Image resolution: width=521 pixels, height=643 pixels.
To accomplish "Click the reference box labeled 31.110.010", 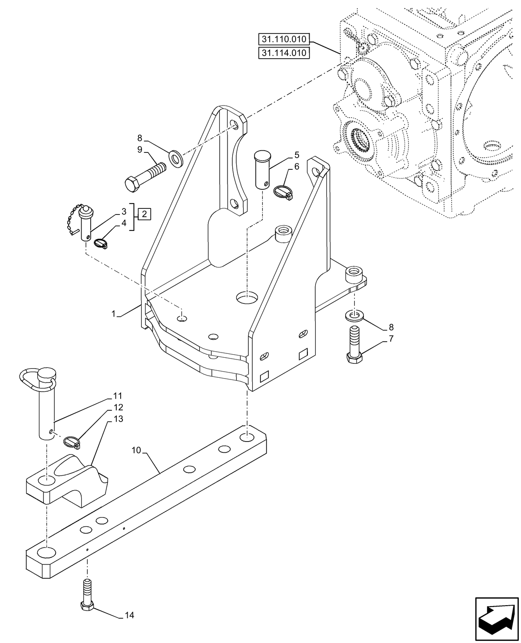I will tap(284, 40).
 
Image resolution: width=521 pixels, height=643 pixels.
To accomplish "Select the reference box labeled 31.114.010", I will tap(284, 53).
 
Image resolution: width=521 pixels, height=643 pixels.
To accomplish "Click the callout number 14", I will tap(129, 615).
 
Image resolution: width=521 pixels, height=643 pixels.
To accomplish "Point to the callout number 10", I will tap(136, 450).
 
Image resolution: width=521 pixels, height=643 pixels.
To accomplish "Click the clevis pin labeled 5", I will tap(262, 169).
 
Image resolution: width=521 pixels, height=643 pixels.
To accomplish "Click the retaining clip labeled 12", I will tap(73, 442).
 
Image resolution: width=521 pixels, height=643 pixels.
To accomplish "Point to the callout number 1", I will tap(114, 313).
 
